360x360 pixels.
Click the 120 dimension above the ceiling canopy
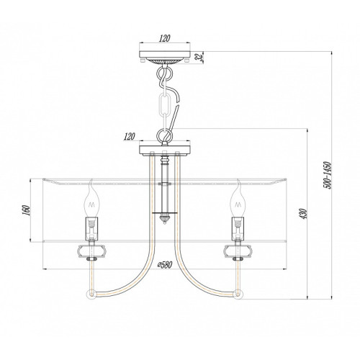tap(164, 38)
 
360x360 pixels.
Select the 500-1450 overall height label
tap(328, 175)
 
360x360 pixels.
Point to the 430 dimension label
tap(304, 214)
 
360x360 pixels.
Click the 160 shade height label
tap(27, 210)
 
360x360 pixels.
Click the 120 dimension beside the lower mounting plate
tap(130, 137)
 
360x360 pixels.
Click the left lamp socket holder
tap(91, 229)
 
